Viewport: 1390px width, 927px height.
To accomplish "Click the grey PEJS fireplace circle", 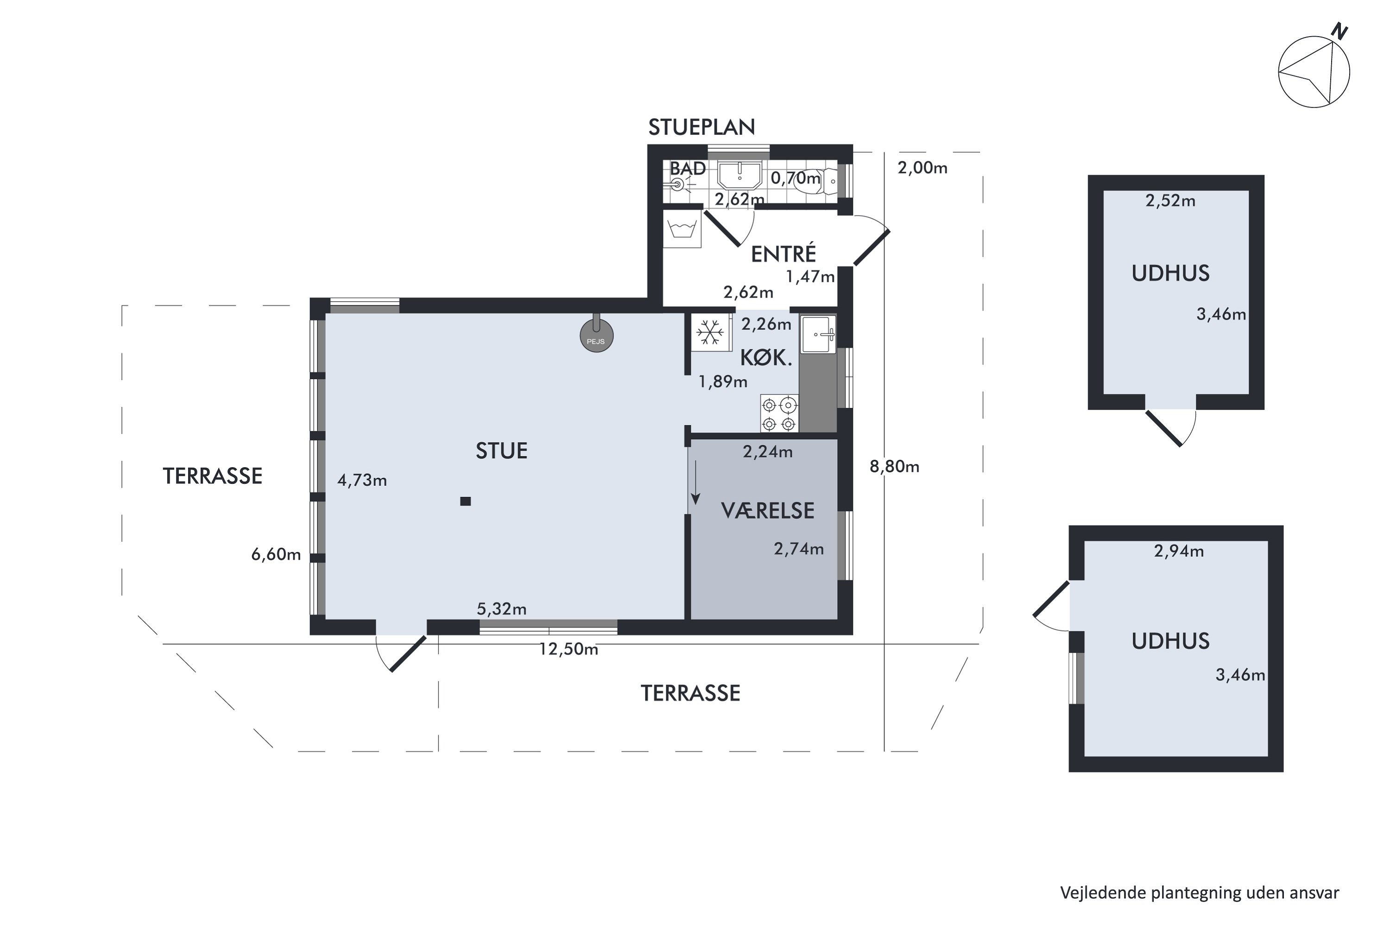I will point(596,337).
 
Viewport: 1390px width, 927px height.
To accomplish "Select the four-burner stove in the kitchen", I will point(779,414).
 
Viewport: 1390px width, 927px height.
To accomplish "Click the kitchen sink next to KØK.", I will point(819,335).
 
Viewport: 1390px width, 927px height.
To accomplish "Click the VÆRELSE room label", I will point(768,511).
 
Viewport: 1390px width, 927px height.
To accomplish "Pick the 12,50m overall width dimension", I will point(568,650).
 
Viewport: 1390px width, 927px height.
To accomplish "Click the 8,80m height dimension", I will point(894,467).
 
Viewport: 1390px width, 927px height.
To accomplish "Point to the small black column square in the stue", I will point(466,502).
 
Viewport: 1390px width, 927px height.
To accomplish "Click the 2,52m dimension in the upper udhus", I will point(1170,201).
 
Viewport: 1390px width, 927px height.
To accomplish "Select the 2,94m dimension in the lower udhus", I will point(1178,552).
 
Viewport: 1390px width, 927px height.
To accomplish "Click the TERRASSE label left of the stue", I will point(212,476).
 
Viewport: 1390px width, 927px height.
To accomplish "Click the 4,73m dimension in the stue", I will point(362,481).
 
